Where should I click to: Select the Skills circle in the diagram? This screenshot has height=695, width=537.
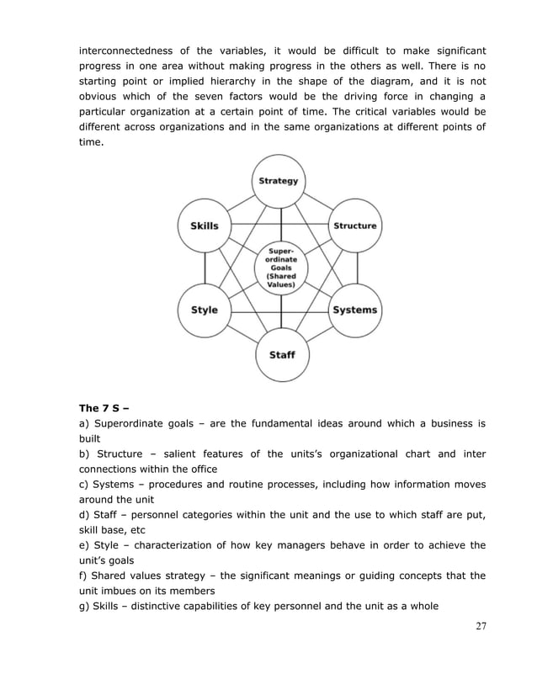coord(205,225)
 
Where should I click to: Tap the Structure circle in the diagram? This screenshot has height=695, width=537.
coord(355,225)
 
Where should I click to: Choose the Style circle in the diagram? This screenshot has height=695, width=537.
coord(205,310)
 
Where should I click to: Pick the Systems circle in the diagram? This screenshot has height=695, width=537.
coord(355,310)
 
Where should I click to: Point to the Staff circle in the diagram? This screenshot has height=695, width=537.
coord(281,354)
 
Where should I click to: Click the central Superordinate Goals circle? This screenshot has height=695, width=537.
coord(281,268)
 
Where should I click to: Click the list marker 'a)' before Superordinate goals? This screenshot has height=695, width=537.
coord(84,423)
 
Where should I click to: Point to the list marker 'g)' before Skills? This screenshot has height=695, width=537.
coord(84,605)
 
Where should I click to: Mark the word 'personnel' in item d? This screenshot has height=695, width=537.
coord(149,514)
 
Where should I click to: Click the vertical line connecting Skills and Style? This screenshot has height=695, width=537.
coord(205,268)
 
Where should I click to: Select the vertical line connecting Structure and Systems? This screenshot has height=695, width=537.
coord(356,268)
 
